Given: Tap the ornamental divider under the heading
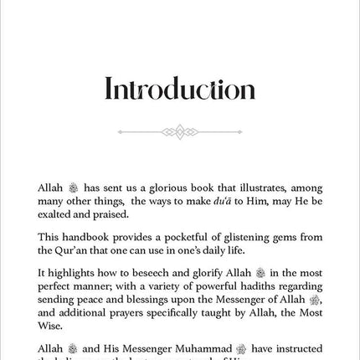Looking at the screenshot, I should tap(179, 131).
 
